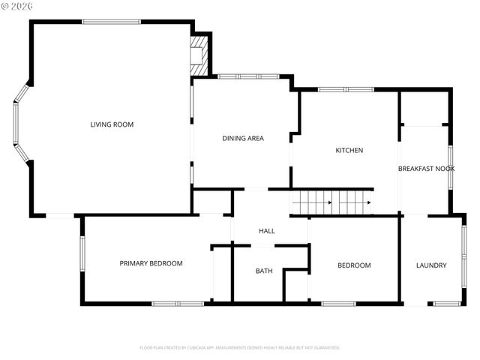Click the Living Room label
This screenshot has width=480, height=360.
pyautogui.click(x=112, y=124)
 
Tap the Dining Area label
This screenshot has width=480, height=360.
pyautogui.click(x=243, y=138)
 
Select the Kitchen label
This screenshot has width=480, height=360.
pyautogui.click(x=349, y=151)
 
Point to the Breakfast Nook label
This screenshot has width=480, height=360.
pyautogui.click(x=426, y=169)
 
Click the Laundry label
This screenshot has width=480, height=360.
pyautogui.click(x=431, y=265)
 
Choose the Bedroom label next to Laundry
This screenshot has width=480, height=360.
pyautogui.click(x=354, y=265)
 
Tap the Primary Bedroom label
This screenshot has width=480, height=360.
pyautogui.click(x=151, y=263)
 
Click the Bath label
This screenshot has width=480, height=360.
pyautogui.click(x=264, y=271)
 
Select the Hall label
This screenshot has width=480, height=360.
pyautogui.click(x=267, y=231)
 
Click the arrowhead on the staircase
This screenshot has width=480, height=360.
pyautogui.click(x=368, y=202)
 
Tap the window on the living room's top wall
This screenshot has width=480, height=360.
pyautogui.click(x=111, y=21)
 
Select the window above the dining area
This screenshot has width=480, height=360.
pyautogui.click(x=247, y=76)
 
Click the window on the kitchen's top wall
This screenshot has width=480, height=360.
pyautogui.click(x=346, y=90)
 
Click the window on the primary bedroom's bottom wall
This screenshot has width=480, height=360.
pyautogui.click(x=177, y=303)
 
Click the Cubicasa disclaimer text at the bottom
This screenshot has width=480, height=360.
pyautogui.click(x=240, y=348)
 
